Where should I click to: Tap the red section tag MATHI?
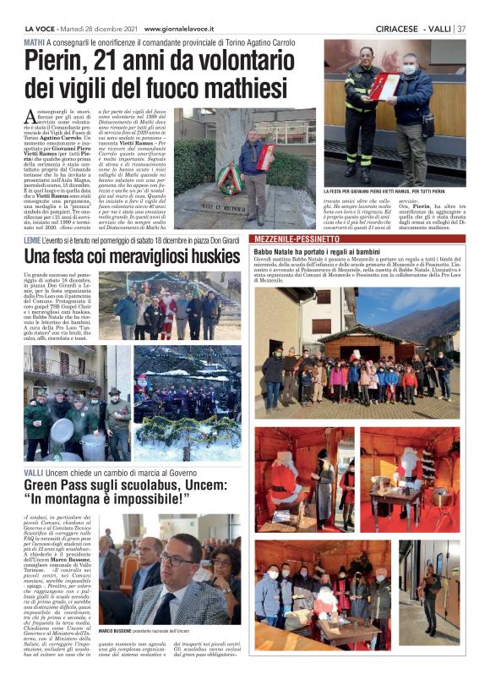(x=35, y=41)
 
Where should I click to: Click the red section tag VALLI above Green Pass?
(x=34, y=471)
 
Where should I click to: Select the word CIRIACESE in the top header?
(x=398, y=28)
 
